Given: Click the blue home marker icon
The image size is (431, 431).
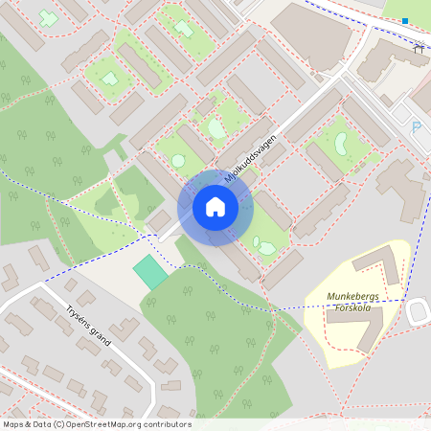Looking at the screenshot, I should [215, 206].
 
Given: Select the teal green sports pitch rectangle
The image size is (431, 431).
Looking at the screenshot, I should [150, 272].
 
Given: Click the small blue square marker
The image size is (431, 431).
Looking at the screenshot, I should [405, 21].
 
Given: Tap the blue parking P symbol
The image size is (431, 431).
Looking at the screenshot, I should [416, 126].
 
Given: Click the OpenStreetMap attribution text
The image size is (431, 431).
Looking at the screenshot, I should [97, 424].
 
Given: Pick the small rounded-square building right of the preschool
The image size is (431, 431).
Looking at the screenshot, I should [419, 311].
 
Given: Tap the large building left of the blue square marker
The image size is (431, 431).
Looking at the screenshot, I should [310, 33].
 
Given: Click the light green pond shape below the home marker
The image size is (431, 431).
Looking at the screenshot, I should [263, 248].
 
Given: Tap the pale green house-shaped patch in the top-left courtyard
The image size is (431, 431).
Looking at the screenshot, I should [110, 79].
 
